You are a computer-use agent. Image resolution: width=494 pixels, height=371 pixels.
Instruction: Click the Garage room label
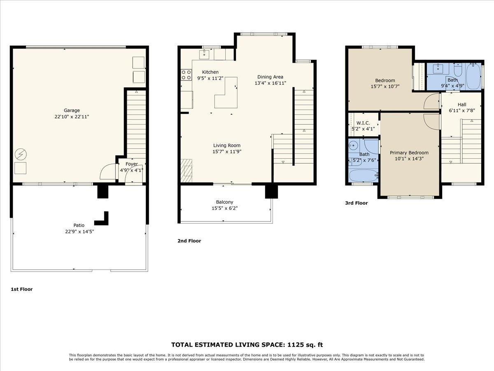tap(72, 110)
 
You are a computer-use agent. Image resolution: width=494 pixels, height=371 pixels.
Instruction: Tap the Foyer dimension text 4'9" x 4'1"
tap(131, 170)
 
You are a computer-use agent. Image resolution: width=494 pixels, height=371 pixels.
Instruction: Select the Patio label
tap(79, 225)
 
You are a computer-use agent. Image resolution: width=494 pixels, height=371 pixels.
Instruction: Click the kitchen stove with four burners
tap(186, 75)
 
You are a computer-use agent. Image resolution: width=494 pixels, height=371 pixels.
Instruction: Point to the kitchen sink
tap(205, 54)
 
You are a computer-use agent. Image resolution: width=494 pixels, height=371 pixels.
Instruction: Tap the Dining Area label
tap(270, 77)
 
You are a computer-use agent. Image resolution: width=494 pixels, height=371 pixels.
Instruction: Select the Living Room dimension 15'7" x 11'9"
tap(227, 151)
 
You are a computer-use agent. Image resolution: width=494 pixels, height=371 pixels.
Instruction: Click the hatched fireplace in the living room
tap(186, 170)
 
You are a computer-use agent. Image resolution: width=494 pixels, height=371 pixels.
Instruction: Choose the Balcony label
tap(224, 202)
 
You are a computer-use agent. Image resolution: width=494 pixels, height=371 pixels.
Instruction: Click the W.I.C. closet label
tap(363, 123)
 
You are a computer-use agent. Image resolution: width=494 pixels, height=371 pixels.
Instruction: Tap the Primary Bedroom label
tap(409, 153)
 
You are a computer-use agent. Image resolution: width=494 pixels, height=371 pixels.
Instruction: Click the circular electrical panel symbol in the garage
tap(21, 155)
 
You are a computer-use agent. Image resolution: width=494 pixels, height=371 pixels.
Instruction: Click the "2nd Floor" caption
tap(189, 241)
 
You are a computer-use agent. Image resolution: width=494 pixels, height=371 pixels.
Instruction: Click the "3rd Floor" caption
tap(357, 203)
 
